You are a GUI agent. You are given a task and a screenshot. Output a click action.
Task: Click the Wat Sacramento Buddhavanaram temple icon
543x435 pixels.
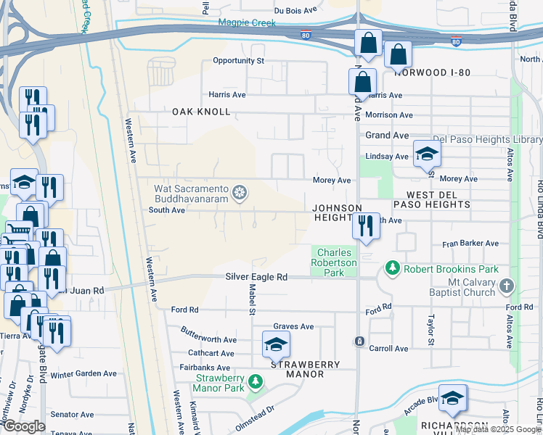240,194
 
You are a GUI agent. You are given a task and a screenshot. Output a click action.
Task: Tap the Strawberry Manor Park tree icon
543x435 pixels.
255,381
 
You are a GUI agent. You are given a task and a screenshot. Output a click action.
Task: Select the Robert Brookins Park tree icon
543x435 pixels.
393,268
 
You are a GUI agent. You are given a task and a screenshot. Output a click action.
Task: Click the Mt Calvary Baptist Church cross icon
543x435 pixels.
507,287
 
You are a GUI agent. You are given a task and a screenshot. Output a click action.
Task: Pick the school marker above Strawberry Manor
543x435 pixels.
276,346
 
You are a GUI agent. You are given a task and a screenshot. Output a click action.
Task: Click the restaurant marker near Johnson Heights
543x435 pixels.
366,226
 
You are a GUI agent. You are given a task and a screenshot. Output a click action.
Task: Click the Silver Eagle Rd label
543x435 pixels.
256,277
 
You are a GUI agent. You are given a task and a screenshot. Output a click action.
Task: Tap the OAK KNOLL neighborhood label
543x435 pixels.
201,112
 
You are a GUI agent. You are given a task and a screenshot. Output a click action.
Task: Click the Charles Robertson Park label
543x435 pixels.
335,263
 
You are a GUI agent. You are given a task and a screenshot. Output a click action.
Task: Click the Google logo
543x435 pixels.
24,426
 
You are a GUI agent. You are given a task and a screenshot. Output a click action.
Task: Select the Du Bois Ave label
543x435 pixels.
295,11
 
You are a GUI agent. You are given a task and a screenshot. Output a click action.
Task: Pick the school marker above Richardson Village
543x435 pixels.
452,398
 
